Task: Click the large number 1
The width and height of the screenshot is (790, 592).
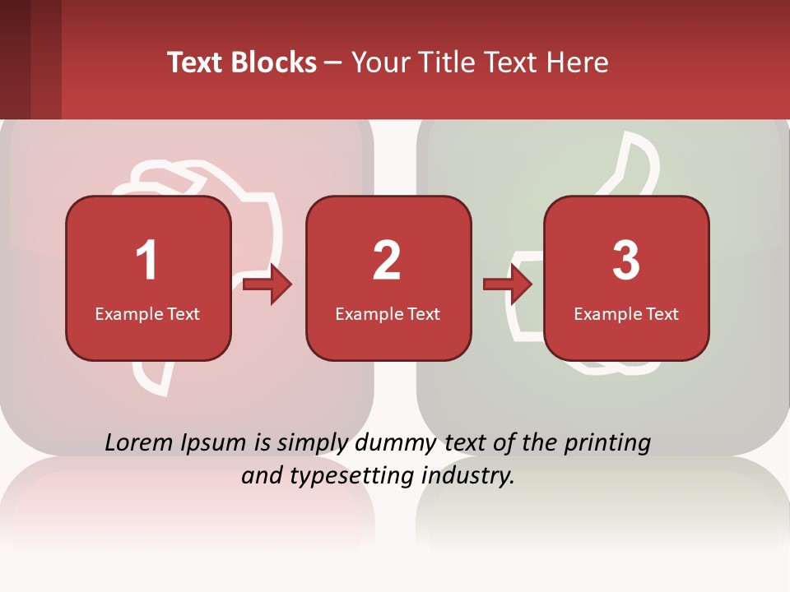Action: [147, 261]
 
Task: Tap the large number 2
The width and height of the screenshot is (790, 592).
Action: [387, 261]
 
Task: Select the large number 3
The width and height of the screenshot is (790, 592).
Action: [626, 261]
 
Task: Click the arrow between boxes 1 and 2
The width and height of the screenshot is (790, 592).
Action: [268, 284]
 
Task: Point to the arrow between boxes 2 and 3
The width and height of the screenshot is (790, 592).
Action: [508, 284]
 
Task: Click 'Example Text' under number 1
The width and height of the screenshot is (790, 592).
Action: [147, 313]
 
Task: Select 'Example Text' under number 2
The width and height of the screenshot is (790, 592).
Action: [388, 313]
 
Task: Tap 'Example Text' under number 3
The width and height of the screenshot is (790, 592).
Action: [626, 313]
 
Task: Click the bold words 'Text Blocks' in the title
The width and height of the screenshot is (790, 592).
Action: [242, 62]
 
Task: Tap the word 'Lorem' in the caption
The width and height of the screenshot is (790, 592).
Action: [140, 443]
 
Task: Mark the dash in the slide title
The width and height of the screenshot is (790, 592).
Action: [333, 62]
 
